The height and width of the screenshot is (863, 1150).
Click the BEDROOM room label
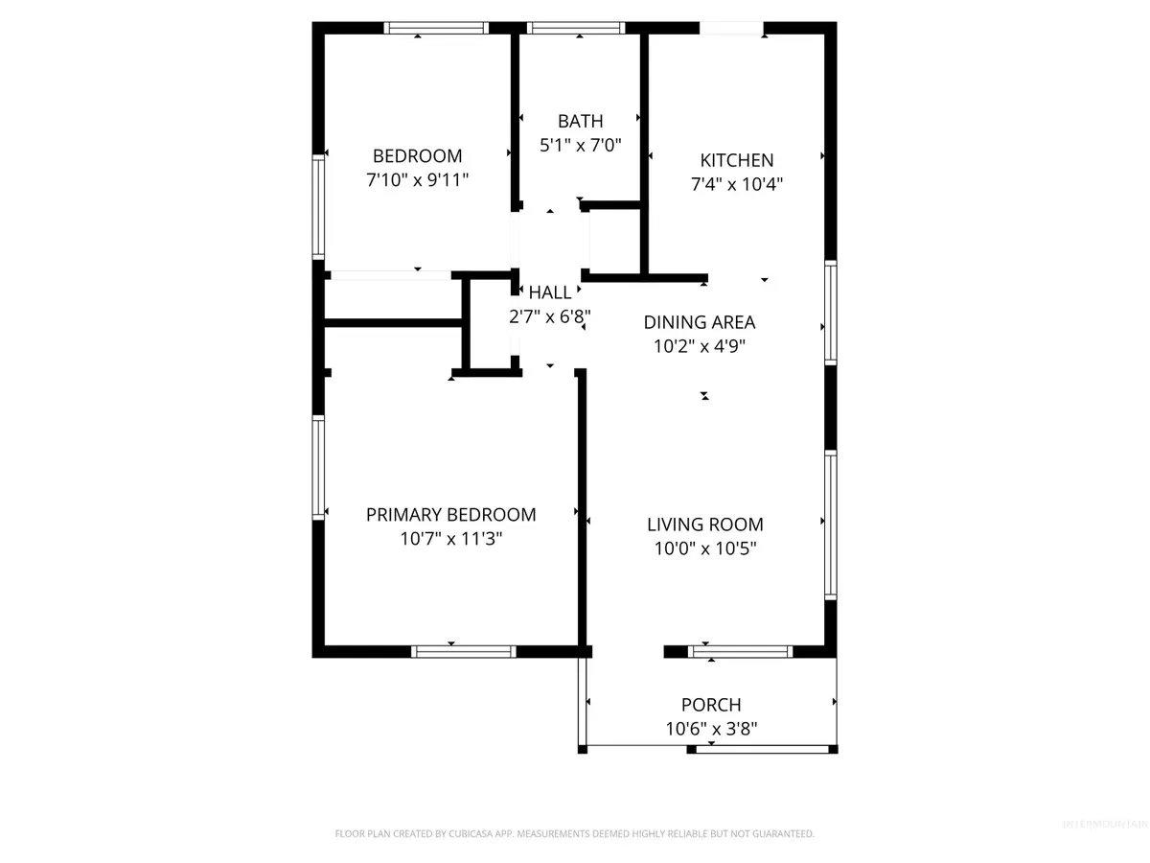point(417,155)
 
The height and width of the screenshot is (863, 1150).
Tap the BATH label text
point(581,121)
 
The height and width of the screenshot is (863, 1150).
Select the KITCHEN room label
point(736,160)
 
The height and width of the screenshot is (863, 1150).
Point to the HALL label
point(550,292)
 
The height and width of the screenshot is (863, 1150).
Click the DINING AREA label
point(699,322)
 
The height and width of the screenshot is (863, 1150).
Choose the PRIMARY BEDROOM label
point(450,515)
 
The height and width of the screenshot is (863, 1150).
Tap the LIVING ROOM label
point(704,525)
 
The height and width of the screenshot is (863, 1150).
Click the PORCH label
point(710,705)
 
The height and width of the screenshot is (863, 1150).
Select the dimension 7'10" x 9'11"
point(417,179)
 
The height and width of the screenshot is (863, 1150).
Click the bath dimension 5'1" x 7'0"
point(581,146)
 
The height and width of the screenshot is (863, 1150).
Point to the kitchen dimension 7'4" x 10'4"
point(736,184)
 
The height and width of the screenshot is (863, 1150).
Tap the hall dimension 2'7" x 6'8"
point(550,315)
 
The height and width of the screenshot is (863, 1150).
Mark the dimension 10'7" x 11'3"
point(450,539)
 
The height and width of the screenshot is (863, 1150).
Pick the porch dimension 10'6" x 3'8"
point(710,729)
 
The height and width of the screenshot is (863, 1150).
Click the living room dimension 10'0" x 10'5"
point(704,548)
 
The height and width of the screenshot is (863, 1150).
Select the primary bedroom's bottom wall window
point(463,651)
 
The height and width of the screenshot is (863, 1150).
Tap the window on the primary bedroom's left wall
point(318,467)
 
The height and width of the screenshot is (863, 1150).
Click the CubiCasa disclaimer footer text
point(574,833)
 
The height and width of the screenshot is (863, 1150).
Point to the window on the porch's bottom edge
point(763,749)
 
